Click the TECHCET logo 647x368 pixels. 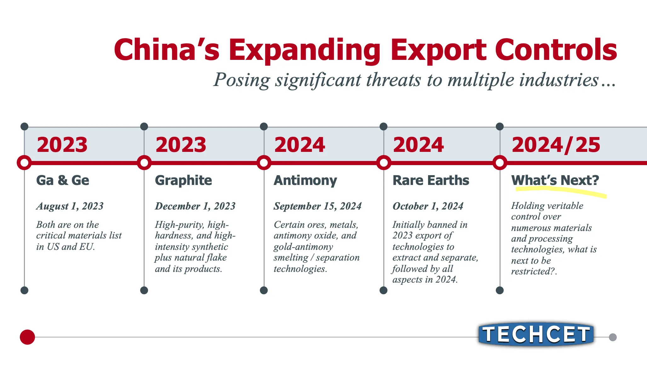[x=536, y=334]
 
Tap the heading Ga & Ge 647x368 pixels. [x=63, y=181]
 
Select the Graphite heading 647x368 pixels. [x=183, y=181]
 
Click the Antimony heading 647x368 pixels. [x=305, y=181]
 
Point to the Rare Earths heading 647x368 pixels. [x=431, y=181]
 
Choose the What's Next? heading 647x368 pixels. [x=555, y=180]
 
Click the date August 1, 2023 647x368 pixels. [x=70, y=206]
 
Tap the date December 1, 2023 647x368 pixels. [x=195, y=206]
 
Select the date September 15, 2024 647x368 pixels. [x=318, y=206]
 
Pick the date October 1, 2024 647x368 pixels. [x=428, y=206]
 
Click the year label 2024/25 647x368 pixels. [x=556, y=145]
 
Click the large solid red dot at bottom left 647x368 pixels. [x=27, y=337]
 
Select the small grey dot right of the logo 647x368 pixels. [x=613, y=337]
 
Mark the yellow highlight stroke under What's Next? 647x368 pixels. [x=561, y=191]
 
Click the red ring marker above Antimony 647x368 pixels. [x=264, y=163]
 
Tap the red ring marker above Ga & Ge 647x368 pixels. [x=24, y=163]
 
